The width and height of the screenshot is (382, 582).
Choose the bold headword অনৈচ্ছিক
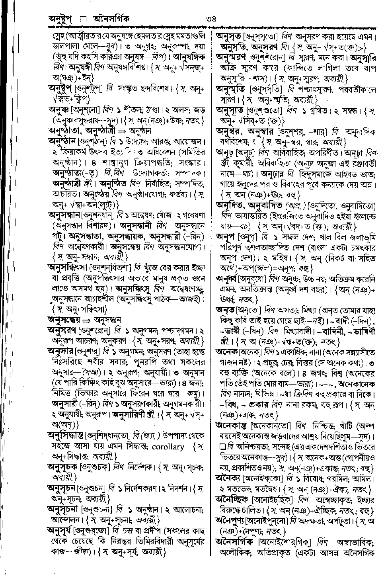coord(232,499)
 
